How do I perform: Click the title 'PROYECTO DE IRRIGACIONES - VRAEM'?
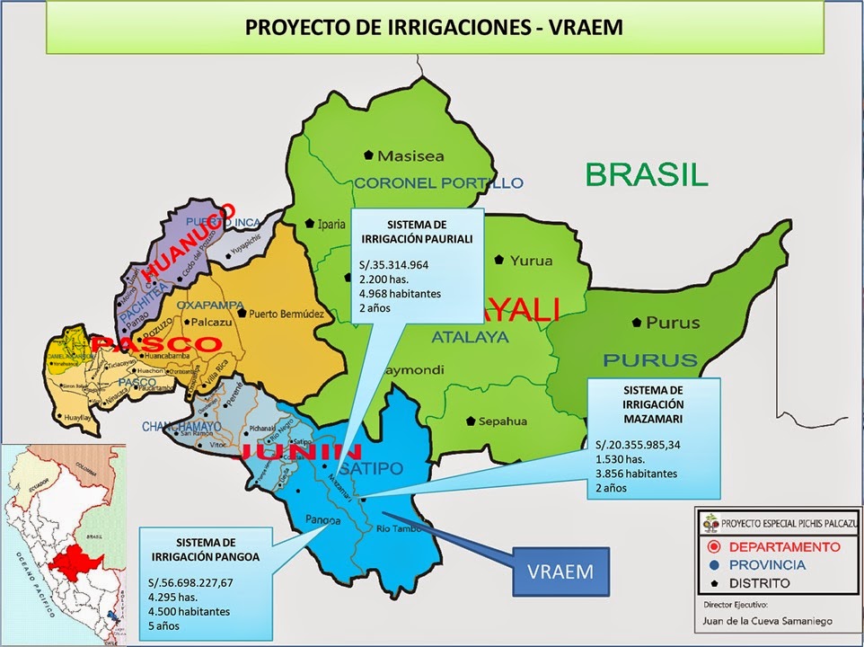pos(433,27)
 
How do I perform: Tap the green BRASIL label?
pos(647,173)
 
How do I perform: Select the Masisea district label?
pos(410,155)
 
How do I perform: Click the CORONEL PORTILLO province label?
pos(438,182)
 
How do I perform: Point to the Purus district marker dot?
pos(637,322)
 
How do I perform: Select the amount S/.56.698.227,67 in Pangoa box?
pos(194,582)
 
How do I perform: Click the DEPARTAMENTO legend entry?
pos(784,546)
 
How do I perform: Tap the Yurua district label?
pos(531,261)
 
